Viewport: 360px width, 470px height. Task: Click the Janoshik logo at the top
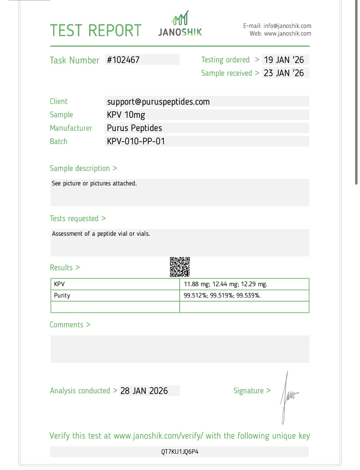(x=180, y=25)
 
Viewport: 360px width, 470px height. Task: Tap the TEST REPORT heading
(x=96, y=30)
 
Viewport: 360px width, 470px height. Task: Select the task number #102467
(x=123, y=60)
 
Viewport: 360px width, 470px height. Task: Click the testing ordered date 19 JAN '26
(x=284, y=60)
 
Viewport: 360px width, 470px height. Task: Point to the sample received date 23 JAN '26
(x=284, y=73)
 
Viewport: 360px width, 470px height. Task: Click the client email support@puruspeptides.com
(x=158, y=102)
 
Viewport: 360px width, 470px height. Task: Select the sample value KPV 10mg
(x=126, y=115)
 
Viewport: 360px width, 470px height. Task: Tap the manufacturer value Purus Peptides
(x=134, y=128)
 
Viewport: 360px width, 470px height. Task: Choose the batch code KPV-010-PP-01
(x=136, y=141)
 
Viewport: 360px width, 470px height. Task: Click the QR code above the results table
(x=180, y=267)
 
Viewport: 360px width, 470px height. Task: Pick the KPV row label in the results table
(x=59, y=284)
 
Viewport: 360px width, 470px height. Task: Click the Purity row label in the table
(x=62, y=296)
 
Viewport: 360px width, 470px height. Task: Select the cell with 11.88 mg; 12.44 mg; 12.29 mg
(x=225, y=284)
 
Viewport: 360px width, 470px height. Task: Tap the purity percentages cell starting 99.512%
(x=222, y=296)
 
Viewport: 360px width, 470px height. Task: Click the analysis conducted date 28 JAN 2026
(x=144, y=391)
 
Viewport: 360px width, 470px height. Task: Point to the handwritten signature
(x=288, y=397)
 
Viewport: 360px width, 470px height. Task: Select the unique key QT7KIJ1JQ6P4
(x=180, y=452)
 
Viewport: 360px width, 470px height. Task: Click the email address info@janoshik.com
(x=287, y=26)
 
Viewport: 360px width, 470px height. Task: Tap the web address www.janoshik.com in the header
(x=287, y=34)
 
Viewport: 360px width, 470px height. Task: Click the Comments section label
(x=67, y=325)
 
